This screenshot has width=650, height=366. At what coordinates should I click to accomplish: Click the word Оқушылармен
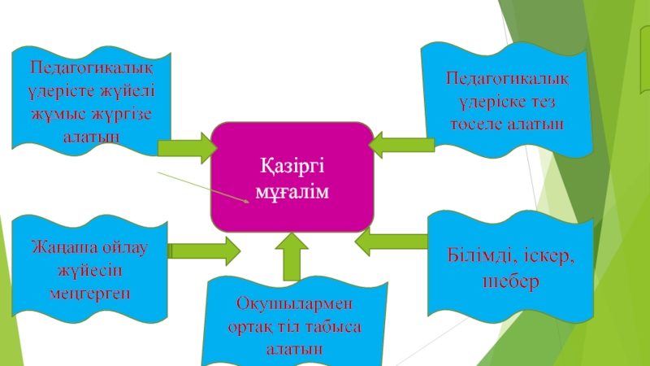pyautogui.click(x=293, y=304)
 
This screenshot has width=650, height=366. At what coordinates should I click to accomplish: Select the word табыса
pyautogui.click(x=329, y=326)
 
